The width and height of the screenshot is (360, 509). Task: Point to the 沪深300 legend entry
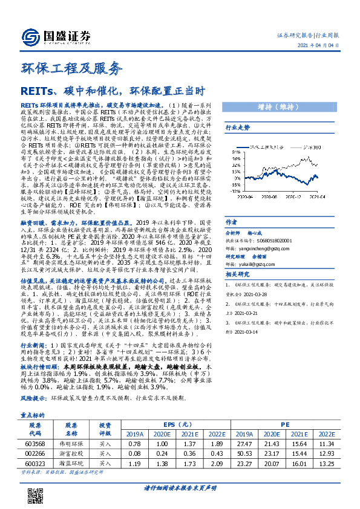click(x=311, y=147)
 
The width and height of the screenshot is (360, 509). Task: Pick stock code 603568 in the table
click(x=34, y=444)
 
